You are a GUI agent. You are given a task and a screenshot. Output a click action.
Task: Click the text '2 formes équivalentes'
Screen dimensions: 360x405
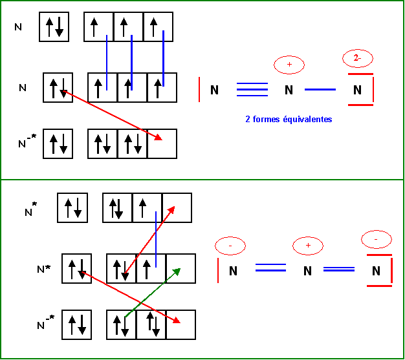coord(288,120)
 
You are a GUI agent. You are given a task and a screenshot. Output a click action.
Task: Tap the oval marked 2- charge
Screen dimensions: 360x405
coord(358,59)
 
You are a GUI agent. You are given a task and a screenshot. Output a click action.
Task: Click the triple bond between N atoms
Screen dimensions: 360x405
coord(252,90)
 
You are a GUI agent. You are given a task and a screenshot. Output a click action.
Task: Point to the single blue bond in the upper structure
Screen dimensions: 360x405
coord(320,90)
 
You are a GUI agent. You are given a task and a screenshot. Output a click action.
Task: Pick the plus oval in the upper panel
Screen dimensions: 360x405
coord(289,65)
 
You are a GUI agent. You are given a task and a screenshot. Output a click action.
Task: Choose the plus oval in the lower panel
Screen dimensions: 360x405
coord(308,246)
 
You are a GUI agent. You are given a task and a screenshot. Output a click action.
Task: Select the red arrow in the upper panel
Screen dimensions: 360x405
coord(113,115)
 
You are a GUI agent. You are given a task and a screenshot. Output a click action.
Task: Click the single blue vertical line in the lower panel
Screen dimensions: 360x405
coord(156,238)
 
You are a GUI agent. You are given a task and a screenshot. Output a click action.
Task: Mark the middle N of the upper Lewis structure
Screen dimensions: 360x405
coord(289,90)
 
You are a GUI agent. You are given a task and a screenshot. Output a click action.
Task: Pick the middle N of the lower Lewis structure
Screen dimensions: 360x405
coord(308,271)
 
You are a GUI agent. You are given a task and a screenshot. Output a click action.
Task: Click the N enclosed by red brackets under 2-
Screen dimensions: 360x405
coord(357,90)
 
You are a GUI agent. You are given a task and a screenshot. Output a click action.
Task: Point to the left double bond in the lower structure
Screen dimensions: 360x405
coord(270,268)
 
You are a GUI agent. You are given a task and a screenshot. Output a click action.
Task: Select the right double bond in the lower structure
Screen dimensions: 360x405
coord(339,268)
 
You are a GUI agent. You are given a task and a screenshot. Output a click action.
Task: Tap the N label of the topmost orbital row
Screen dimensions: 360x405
coord(18,27)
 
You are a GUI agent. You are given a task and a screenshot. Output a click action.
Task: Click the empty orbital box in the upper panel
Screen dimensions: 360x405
coord(162,143)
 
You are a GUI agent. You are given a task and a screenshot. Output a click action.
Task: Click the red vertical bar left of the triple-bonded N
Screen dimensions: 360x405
coord(199,90)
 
